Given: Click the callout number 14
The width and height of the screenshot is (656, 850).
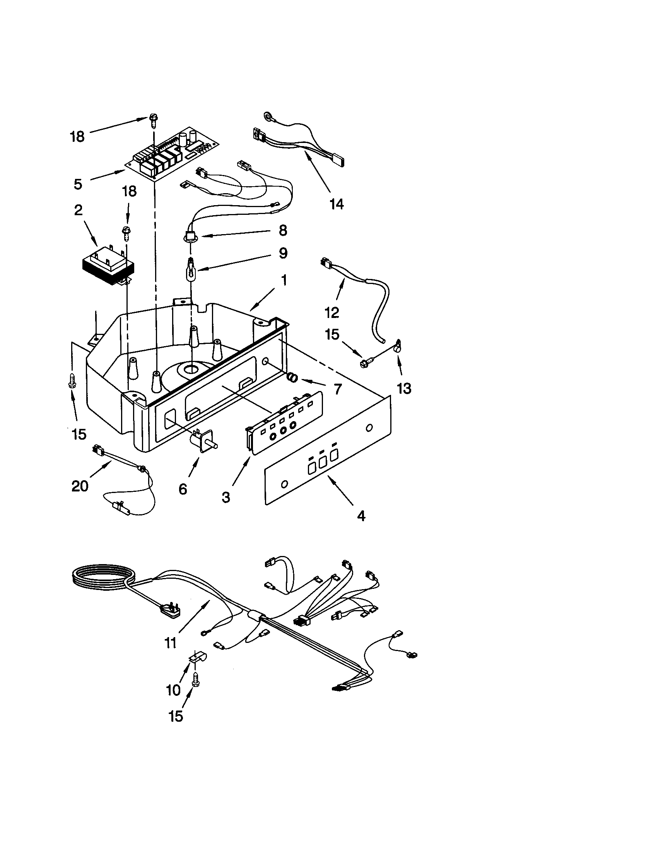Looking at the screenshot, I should [x=337, y=204].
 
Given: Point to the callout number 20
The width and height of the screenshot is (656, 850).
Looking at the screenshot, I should [x=80, y=486].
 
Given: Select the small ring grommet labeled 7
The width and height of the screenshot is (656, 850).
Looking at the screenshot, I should [x=292, y=377].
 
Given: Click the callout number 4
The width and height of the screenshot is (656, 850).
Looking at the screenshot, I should [x=361, y=516].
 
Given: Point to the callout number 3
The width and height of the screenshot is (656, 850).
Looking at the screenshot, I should [x=226, y=497].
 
